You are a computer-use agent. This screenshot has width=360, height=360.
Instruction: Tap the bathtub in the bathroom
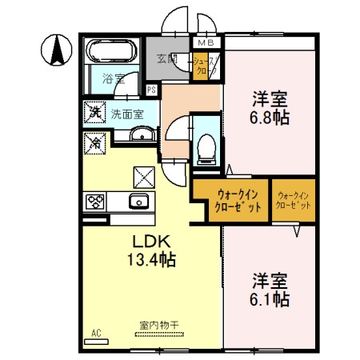[110, 53]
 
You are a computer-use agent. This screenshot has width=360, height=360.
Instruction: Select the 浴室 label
[113, 78]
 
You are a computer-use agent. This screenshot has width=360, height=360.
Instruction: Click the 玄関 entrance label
[166, 58]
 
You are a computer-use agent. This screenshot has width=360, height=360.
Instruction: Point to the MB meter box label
[206, 43]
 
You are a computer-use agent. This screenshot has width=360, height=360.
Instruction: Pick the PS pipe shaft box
[151, 90]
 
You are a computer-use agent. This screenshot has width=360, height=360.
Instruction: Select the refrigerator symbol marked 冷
[93, 143]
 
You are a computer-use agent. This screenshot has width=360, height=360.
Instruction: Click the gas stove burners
[95, 202]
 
